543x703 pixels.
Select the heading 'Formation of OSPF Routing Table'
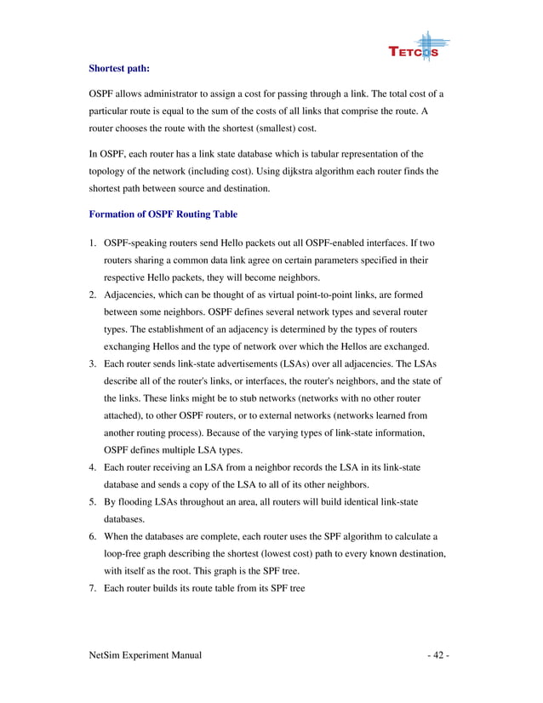tap(163, 214)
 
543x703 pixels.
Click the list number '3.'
tap(94, 364)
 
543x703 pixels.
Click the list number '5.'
tap(94, 502)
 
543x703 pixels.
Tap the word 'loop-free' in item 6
tap(124, 554)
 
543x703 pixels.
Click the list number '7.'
tap(94, 588)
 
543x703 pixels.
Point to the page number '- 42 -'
tap(437, 656)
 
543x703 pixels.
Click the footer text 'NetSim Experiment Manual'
tap(145, 656)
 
